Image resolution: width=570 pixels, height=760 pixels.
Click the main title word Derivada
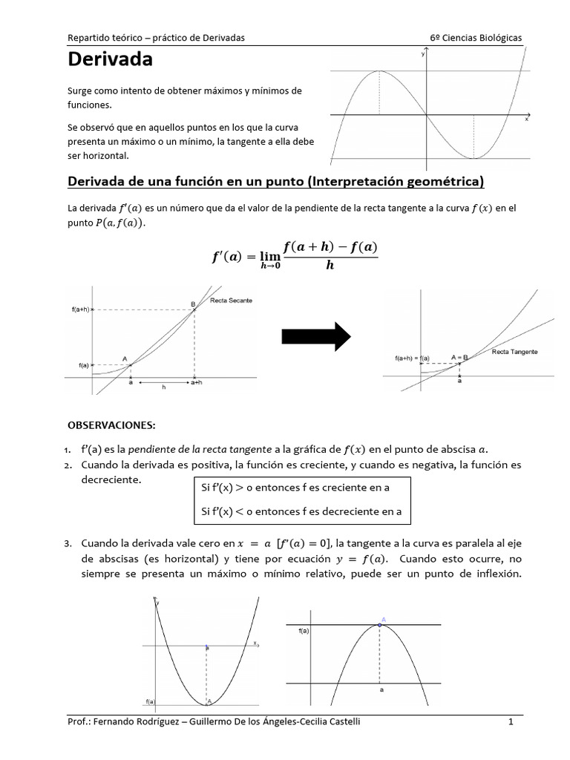tap(111, 59)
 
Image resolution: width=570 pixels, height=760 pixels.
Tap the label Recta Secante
tap(232, 301)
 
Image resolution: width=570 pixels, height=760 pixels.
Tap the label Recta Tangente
tap(514, 352)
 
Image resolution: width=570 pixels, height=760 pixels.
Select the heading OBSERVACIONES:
tap(112, 425)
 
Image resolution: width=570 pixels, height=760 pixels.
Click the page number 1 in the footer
tap(511, 721)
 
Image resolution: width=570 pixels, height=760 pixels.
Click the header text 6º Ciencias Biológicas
tap(475, 37)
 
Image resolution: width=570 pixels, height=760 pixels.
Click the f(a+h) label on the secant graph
tap(80, 309)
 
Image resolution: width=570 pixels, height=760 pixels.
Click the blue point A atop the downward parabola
tap(380, 625)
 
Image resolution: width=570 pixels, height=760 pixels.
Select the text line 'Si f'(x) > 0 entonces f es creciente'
tap(295, 488)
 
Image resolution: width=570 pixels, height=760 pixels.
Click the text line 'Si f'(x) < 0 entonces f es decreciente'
tap(301, 511)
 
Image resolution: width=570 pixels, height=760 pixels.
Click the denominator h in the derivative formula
tap(330, 266)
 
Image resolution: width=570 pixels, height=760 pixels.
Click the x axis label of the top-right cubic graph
tap(527, 119)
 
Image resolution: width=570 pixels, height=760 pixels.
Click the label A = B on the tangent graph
tap(460, 357)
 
